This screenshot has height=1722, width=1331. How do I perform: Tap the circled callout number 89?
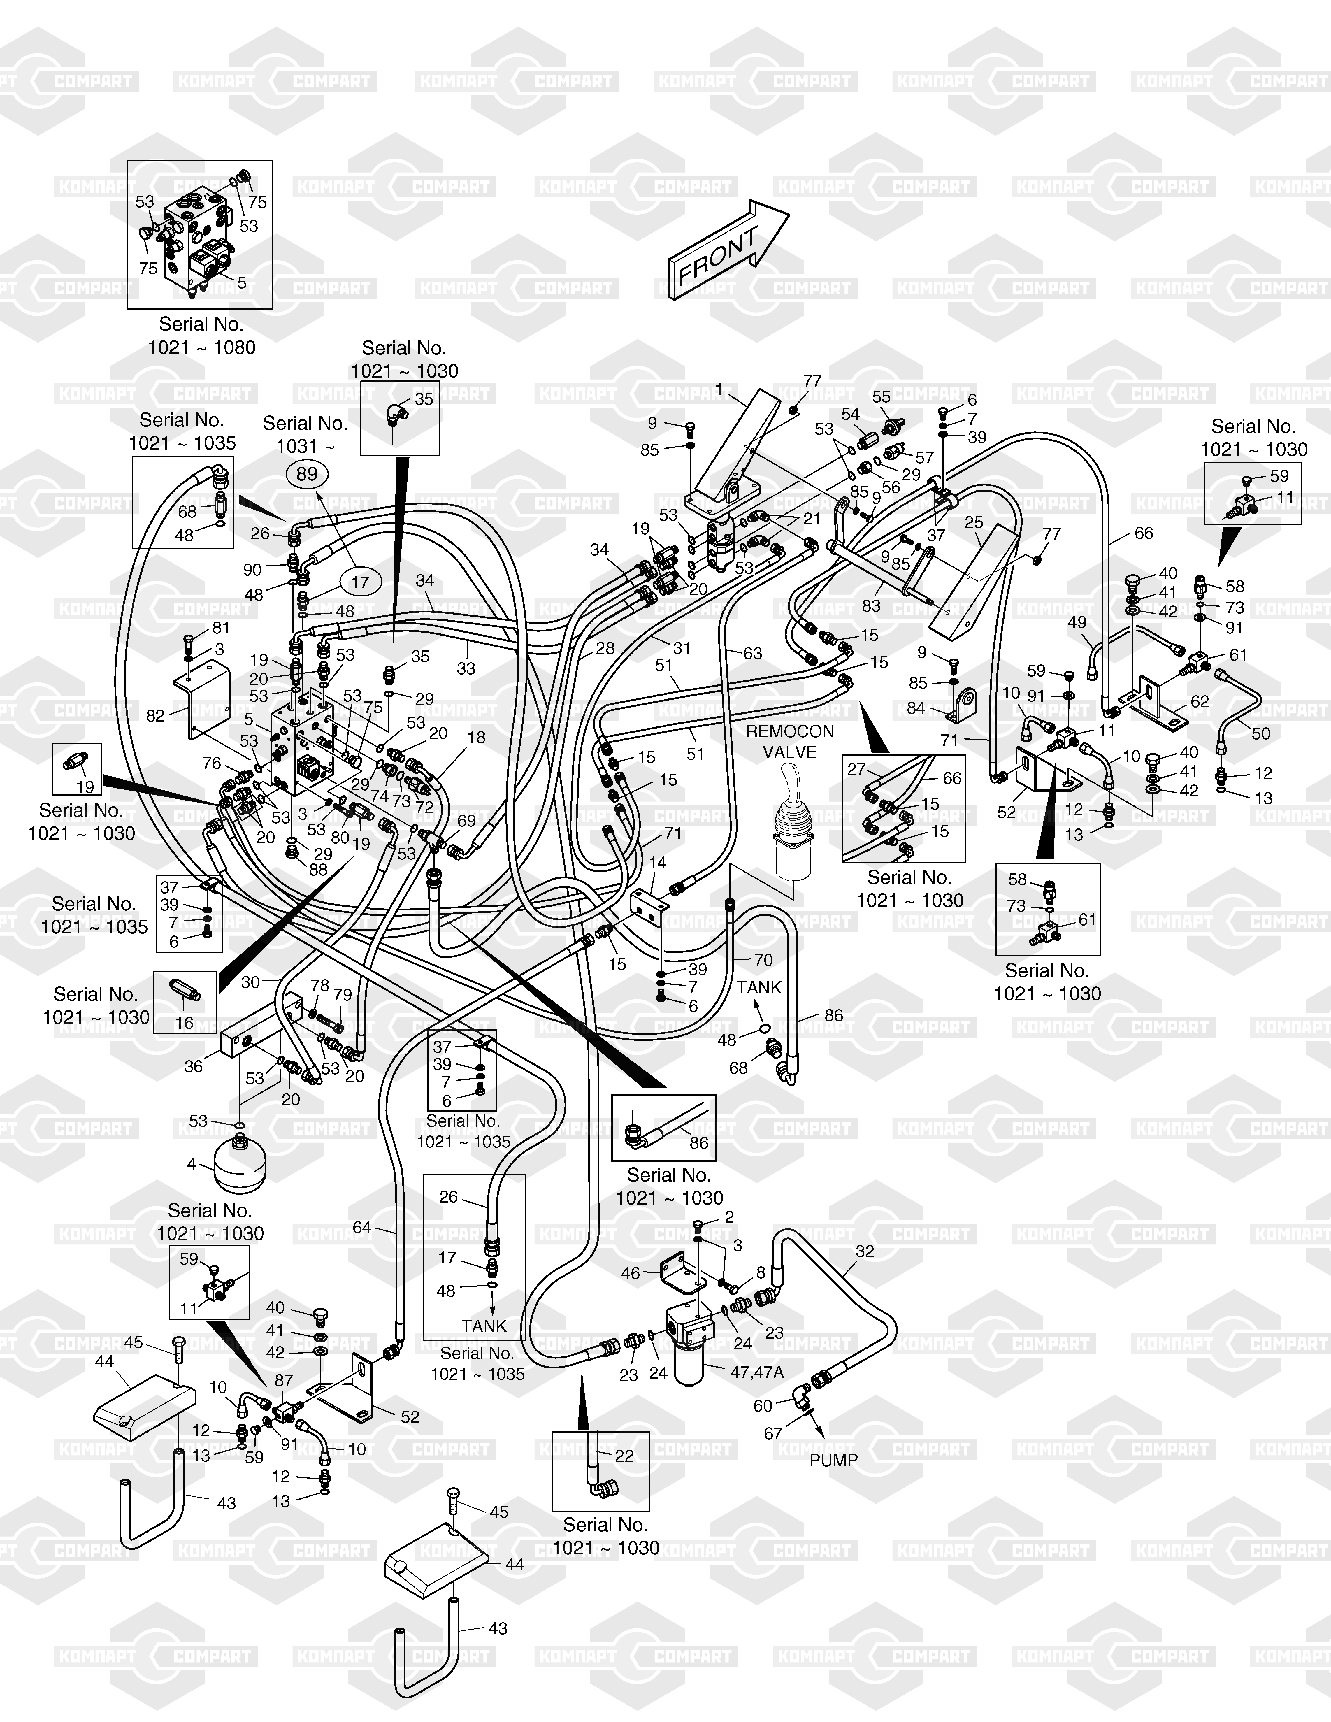307,474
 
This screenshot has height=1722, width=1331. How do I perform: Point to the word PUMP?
833,1460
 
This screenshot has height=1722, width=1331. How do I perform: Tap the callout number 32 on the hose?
865,1251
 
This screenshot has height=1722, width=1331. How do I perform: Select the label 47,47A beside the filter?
757,1372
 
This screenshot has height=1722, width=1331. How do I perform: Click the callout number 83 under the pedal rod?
871,605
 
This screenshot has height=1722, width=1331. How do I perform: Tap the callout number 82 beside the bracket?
155,715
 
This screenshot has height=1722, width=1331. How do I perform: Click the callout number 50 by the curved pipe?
1261,733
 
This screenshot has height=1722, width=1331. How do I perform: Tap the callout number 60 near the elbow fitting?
763,1406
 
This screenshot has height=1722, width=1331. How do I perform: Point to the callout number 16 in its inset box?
184,1024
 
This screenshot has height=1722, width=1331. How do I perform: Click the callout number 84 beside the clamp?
915,707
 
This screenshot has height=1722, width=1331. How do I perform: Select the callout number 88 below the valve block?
318,870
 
